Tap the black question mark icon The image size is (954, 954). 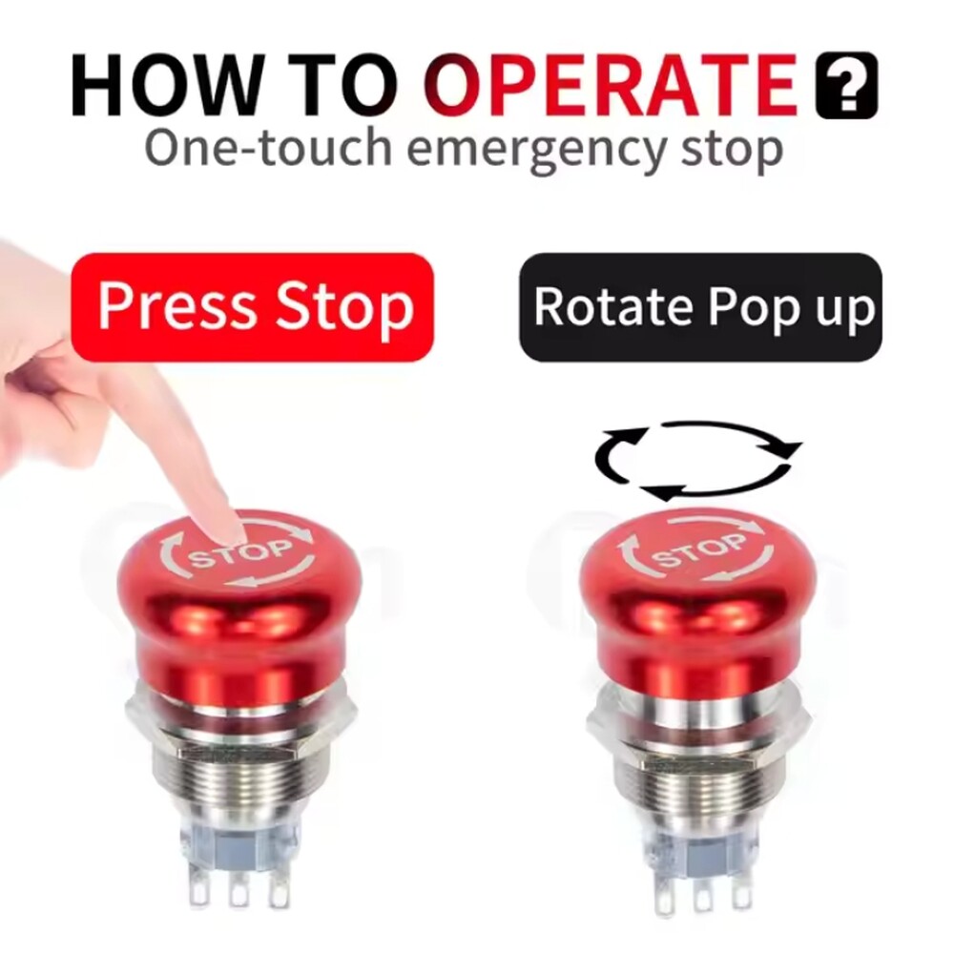coord(846,86)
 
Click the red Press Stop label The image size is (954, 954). coord(253,307)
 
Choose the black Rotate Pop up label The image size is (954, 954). coord(701,307)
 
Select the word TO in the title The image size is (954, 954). coord(338,87)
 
